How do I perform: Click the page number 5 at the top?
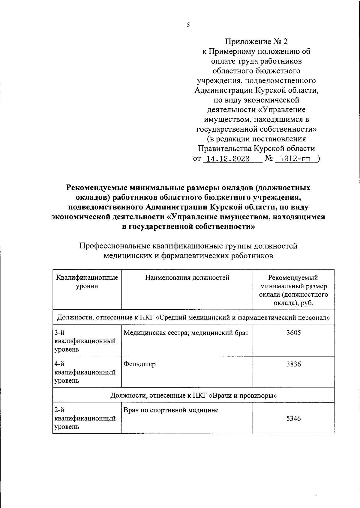[188, 25]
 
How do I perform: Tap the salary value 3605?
[293, 333]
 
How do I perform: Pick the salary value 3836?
[293, 364]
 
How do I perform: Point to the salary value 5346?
[293, 418]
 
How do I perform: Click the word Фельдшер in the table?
[139, 364]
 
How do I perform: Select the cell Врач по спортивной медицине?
[171, 410]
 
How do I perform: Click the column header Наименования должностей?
[187, 278]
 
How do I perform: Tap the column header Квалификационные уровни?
[87, 282]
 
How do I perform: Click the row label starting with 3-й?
[85, 341]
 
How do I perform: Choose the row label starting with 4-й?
[85, 372]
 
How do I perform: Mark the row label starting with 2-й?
[85, 418]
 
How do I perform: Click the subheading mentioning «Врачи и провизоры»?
[193, 395]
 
